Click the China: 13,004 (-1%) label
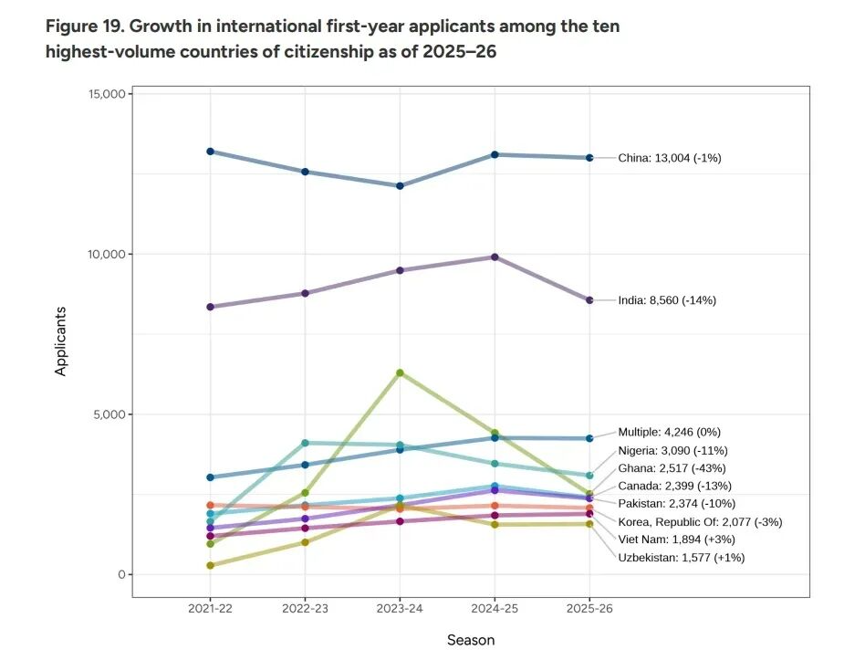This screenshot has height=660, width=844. click(x=670, y=158)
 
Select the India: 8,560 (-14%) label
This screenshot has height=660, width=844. click(x=667, y=300)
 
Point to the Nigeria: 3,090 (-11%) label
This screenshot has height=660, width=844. click(x=672, y=450)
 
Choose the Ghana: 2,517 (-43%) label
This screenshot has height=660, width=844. click(x=672, y=468)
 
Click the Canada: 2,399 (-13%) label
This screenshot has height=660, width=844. click(x=674, y=486)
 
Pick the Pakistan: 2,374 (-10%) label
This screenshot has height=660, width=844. click(x=676, y=504)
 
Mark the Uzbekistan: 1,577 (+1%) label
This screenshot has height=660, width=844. click(x=681, y=558)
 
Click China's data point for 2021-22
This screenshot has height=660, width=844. click(x=210, y=152)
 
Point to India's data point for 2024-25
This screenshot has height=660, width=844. click(x=495, y=257)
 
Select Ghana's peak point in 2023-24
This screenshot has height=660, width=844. click(x=400, y=372)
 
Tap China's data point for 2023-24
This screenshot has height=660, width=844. click(x=400, y=186)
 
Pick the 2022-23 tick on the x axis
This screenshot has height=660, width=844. click(x=305, y=608)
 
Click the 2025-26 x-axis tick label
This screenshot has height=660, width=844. click(x=589, y=608)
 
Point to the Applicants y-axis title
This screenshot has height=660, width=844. click(x=61, y=340)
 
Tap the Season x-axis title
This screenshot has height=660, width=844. click(x=471, y=641)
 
